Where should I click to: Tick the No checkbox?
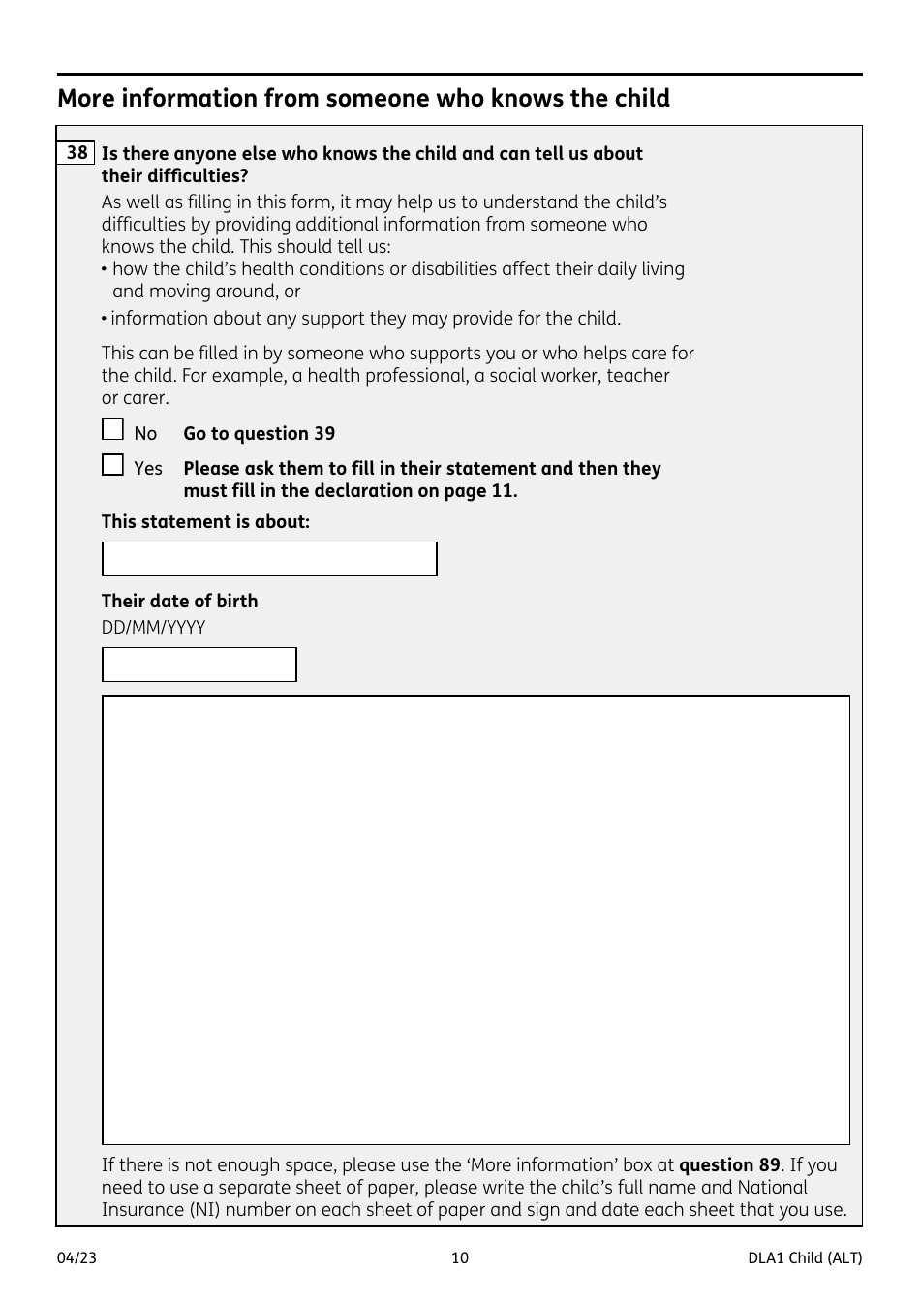click(x=113, y=430)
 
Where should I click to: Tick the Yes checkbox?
click(x=113, y=465)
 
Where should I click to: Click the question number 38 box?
click(x=77, y=153)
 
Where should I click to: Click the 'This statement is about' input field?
click(x=269, y=559)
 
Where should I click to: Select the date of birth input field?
click(x=199, y=665)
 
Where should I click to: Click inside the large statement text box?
click(x=475, y=919)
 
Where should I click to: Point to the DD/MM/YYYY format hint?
click(x=153, y=628)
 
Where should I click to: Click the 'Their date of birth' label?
click(x=179, y=601)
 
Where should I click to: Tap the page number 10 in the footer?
click(x=460, y=1258)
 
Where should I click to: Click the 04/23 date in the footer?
click(x=77, y=1258)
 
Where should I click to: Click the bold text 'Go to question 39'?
click(x=259, y=434)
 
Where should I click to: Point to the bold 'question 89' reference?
click(x=729, y=1165)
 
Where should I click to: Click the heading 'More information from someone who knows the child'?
click(x=363, y=99)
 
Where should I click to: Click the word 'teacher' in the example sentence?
click(x=638, y=376)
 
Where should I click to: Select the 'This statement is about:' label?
click(x=205, y=522)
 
